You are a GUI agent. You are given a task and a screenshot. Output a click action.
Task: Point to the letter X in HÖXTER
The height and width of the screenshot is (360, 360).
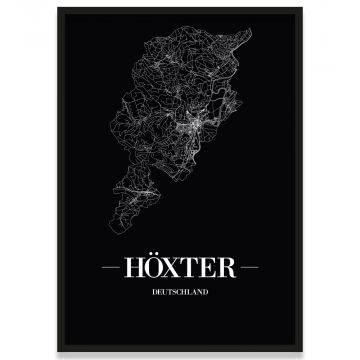[172, 271]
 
